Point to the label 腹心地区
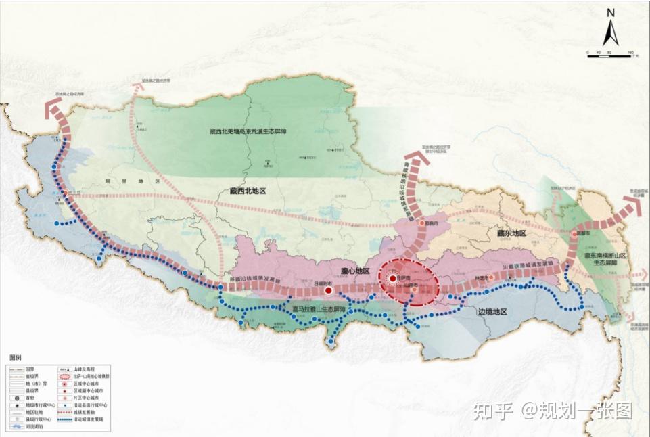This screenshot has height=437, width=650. coord(354,271)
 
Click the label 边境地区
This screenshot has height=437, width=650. coord(492,311)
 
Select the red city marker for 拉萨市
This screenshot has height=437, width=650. coord(392,278)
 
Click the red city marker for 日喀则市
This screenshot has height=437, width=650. coord(328,290)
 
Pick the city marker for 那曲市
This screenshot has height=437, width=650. coord(422,223)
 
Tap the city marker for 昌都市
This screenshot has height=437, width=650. coord(576,234)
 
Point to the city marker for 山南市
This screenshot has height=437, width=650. coord(415,290)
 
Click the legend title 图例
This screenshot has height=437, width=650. coord(16,356)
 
